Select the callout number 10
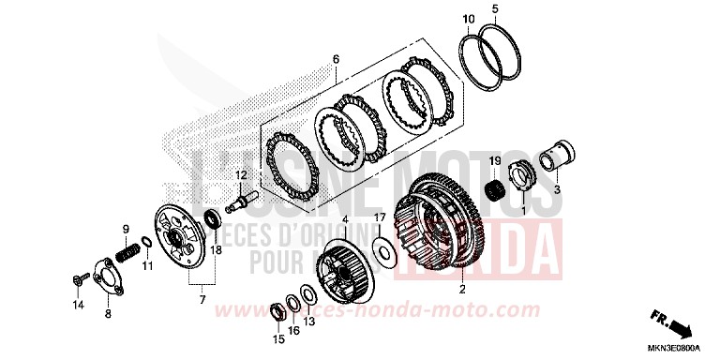[x=468, y=19]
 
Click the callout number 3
[x=557, y=188]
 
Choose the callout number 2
[x=461, y=291]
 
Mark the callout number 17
[x=380, y=217]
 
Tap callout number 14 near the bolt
[x=79, y=306]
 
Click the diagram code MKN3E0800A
[x=678, y=349]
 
